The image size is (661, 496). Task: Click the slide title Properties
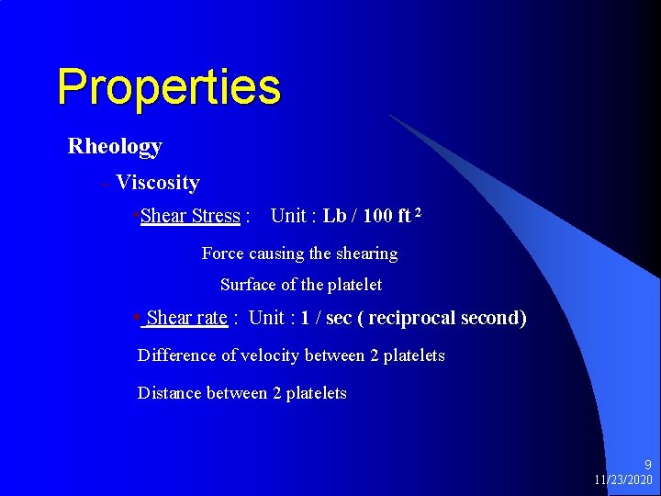pyautogui.click(x=168, y=87)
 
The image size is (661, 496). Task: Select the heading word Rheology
pyautogui.click(x=115, y=146)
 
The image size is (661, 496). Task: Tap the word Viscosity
pyautogui.click(x=158, y=183)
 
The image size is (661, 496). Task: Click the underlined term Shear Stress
pyautogui.click(x=190, y=217)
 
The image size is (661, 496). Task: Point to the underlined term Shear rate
pyautogui.click(x=186, y=318)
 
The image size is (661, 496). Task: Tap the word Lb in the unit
pyautogui.click(x=334, y=217)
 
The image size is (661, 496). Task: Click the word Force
pyautogui.click(x=223, y=254)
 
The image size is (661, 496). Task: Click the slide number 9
pyautogui.click(x=647, y=466)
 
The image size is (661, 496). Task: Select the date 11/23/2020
pyautogui.click(x=623, y=480)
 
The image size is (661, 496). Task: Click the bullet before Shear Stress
pyautogui.click(x=136, y=217)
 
